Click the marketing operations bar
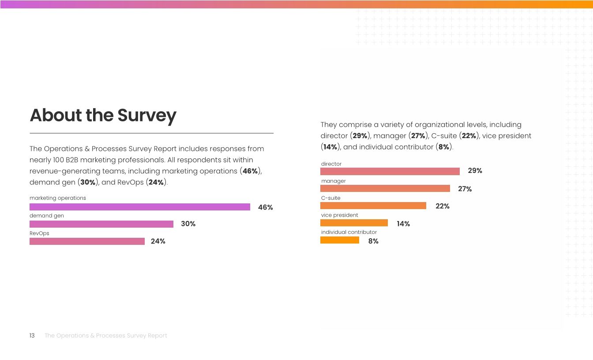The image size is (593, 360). (139, 207)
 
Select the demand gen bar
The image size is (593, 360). (101, 224)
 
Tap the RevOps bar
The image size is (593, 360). (87, 241)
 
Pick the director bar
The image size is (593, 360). (390, 171)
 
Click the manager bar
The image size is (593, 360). (385, 188)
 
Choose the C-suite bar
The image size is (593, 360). (373, 206)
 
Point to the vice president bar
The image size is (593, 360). (354, 223)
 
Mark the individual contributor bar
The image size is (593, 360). (340, 240)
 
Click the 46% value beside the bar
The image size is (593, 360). (265, 207)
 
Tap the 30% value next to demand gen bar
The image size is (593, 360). (188, 224)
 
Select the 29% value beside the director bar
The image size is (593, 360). (475, 171)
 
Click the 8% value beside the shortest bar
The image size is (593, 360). (373, 241)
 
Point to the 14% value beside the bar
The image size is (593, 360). (403, 224)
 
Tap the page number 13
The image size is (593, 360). (32, 336)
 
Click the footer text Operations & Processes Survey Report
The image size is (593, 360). (106, 336)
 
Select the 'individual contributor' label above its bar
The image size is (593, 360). (349, 232)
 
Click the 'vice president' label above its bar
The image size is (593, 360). (339, 215)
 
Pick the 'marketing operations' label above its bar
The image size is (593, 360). (58, 198)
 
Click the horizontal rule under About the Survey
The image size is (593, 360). (151, 133)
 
